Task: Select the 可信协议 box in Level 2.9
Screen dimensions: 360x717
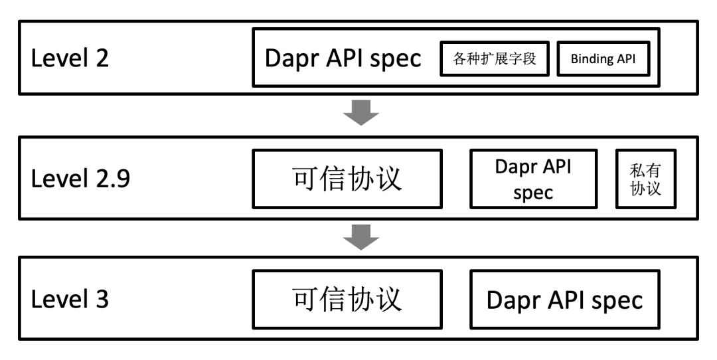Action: [x=347, y=179]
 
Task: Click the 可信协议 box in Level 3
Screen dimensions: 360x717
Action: [x=347, y=299]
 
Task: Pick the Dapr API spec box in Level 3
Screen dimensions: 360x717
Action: [x=565, y=300]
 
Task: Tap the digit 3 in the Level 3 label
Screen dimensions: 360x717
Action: [x=101, y=300]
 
